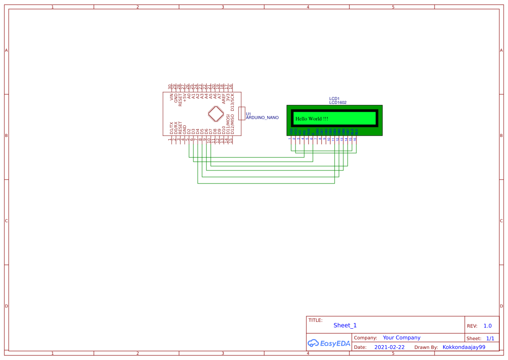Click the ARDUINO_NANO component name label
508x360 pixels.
tap(262, 118)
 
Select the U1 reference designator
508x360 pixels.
tap(249, 114)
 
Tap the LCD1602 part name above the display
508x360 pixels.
tap(338, 103)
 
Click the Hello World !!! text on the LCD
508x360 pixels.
tap(312, 119)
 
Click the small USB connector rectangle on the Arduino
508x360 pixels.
tap(242, 113)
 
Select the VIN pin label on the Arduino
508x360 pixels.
tap(172, 97)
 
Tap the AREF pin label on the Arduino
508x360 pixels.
tap(224, 98)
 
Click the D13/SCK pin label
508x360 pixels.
tap(232, 100)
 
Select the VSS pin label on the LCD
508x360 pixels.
tap(291, 131)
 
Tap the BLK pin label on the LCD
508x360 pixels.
tap(356, 131)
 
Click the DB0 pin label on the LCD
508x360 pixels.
tap(317, 131)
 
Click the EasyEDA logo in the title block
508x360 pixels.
tap(329, 343)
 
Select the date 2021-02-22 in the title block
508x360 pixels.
tap(389, 347)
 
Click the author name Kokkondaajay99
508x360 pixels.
tap(464, 347)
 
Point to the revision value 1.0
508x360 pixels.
tap(487, 326)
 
